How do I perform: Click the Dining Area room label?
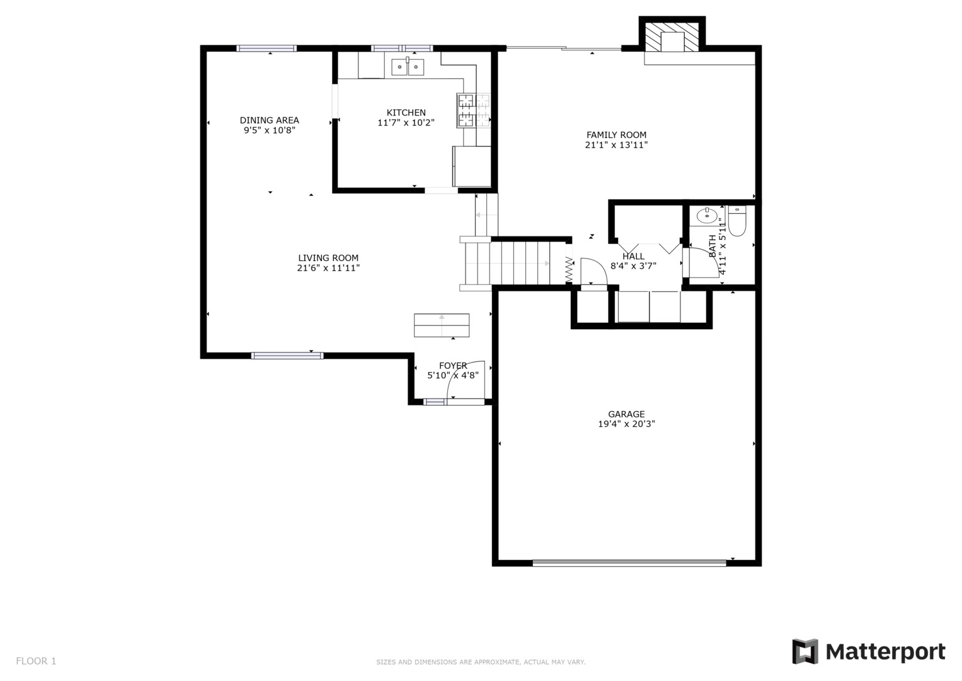tap(269, 120)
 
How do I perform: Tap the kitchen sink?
tap(408, 67)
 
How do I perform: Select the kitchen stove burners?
tap(473, 110)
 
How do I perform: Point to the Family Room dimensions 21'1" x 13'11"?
tap(616, 145)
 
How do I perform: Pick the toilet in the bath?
tap(737, 221)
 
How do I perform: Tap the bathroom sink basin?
tap(707, 216)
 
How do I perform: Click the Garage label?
tap(626, 414)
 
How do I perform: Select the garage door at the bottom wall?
tap(629, 562)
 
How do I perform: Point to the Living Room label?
tap(328, 258)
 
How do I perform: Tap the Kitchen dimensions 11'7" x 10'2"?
tap(406, 122)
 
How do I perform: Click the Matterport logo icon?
tap(805, 651)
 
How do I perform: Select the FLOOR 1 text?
tap(36, 661)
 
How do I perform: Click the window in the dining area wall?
tap(266, 48)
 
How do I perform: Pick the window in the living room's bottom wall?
tap(287, 356)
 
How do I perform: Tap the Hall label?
tap(634, 256)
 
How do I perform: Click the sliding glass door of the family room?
tap(564, 48)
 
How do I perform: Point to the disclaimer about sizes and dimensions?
tap(481, 662)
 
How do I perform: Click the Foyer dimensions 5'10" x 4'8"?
tap(453, 375)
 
